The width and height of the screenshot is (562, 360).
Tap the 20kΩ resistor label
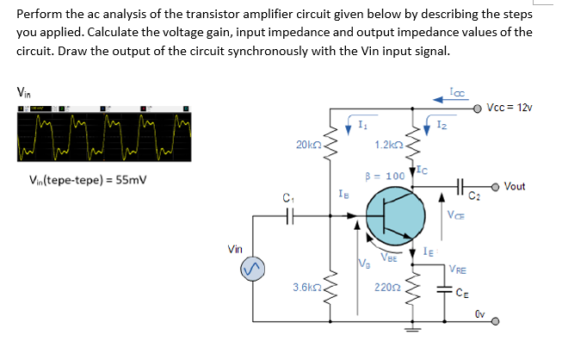[307, 146]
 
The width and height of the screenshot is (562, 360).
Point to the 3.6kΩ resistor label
[306, 287]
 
